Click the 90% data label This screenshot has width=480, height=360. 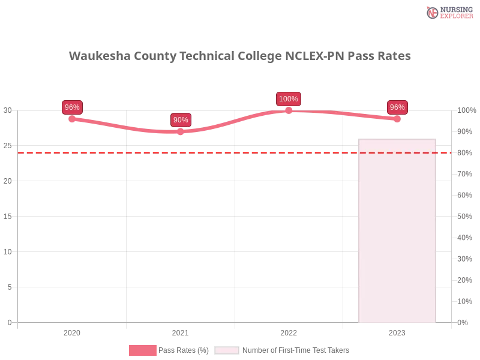(181, 120)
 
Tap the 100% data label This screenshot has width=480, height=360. (289, 99)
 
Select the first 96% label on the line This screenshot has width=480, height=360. (72, 107)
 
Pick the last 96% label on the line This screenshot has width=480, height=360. (397, 107)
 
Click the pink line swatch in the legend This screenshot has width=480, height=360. (142, 350)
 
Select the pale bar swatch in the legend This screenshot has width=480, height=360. (227, 350)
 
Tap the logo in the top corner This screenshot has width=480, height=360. (449, 12)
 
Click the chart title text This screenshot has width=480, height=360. (240, 56)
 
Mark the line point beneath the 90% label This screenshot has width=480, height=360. (181, 132)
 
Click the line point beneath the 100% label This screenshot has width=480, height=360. (289, 111)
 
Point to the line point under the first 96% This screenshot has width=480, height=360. (72, 118)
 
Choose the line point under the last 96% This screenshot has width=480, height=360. (396, 119)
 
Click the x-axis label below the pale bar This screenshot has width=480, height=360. (398, 331)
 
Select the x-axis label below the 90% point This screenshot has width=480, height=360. (179, 331)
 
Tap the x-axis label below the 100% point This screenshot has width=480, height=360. (288, 331)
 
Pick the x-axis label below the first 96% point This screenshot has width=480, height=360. (72, 331)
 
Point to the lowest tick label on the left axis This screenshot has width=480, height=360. (9, 322)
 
